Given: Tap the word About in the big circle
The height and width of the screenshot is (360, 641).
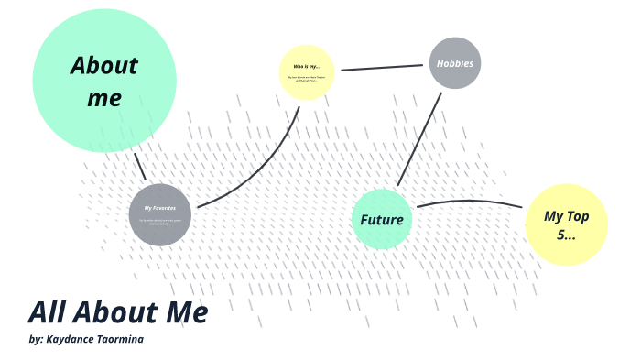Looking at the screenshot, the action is tap(103, 67).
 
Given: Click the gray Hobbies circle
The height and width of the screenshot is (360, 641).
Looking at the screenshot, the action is tap(455, 63).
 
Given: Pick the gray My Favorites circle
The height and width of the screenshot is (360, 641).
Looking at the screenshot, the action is tap(159, 215).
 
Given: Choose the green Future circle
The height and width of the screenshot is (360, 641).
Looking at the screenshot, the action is tap(382, 220).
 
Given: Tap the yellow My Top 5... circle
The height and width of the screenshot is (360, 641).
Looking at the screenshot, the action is tap(566, 224).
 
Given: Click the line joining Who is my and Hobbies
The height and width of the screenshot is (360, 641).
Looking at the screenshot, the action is tap(382, 67).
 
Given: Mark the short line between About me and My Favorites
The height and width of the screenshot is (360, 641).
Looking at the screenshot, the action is tap(139, 167).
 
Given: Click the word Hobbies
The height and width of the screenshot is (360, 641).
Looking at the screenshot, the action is tap(455, 63).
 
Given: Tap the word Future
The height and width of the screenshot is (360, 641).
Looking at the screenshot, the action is tap(382, 220).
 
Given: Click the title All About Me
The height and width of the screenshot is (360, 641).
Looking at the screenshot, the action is tap(118, 312).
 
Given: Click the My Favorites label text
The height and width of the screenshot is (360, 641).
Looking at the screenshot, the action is tap(159, 209).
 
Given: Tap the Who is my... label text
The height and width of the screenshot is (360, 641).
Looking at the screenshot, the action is tap(307, 67).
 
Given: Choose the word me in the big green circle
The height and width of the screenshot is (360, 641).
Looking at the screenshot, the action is tap(104, 98).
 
